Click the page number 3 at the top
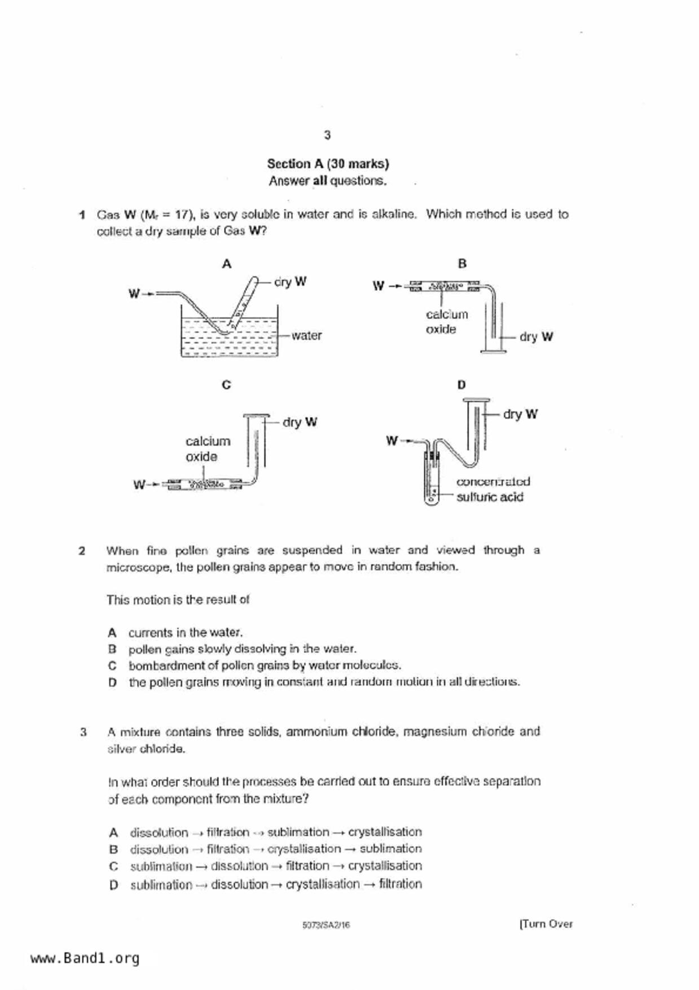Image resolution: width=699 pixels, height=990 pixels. pos(327,135)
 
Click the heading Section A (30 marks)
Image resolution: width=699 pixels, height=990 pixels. pos(328,164)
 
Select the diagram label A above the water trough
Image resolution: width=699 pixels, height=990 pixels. pos(227,264)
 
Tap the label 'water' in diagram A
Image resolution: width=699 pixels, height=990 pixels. pos(306,335)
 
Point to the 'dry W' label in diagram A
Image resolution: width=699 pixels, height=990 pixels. pos(290,282)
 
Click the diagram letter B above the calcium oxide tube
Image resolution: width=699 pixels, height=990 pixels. pos(462,264)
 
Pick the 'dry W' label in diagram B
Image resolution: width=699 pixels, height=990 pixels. pos(536,337)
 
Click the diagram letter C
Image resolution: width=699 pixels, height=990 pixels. pos(226,385)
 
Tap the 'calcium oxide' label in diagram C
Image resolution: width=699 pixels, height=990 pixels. pos(208,449)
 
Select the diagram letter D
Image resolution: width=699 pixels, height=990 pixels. pos(461,385)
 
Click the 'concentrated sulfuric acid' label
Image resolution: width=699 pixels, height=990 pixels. pos(493,489)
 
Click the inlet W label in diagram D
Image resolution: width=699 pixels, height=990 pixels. pos(392,441)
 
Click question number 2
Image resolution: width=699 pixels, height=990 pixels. pos(82,551)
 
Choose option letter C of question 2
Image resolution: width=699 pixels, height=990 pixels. pos(112,666)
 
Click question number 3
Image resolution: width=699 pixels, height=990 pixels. pos(83,733)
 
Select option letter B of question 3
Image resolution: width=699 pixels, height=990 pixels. pos(113,849)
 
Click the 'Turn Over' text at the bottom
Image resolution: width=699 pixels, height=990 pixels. pos(546,924)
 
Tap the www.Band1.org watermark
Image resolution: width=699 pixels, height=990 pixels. pos(85,958)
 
